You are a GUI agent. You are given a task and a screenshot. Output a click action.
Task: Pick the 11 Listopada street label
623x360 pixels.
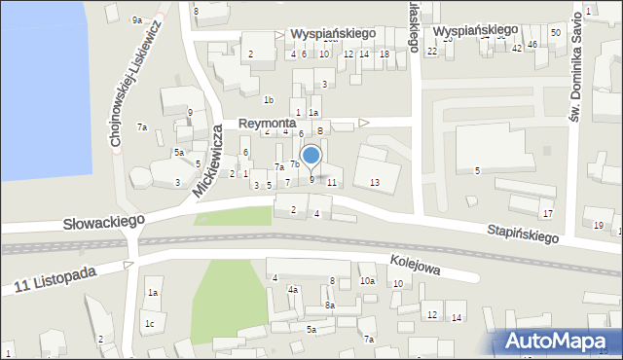tap(55, 280)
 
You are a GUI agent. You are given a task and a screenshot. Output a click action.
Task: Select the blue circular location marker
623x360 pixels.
tap(311, 156)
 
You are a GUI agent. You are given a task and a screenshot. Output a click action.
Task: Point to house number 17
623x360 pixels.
tap(548, 213)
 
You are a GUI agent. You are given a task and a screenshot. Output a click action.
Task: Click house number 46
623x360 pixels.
tap(532, 45)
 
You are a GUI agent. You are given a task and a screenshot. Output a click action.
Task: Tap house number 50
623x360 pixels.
tap(555, 33)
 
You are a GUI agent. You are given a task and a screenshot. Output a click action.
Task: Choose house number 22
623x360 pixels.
tap(431, 51)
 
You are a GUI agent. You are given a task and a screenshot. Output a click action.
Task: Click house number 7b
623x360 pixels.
tap(294, 163)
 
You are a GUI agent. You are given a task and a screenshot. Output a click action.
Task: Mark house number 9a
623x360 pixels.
tap(137, 19)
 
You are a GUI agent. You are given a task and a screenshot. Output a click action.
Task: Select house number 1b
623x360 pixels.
tap(269, 99)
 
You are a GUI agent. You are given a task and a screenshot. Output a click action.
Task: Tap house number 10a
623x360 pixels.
tap(366, 281)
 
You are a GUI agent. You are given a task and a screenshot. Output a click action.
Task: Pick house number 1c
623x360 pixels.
tap(149, 324)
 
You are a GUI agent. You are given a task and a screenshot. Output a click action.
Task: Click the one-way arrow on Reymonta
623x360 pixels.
tap(364, 123)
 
